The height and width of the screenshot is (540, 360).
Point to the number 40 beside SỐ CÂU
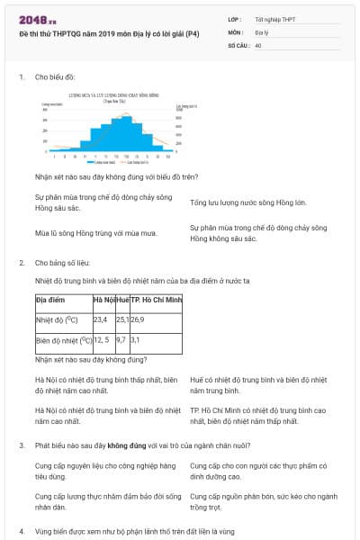(x=258, y=44)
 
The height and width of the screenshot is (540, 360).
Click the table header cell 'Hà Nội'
(x=103, y=298)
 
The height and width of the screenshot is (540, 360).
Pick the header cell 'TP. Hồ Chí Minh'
(x=157, y=298)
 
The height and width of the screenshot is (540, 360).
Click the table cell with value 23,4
(x=100, y=319)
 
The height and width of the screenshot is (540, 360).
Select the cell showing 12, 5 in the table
(x=101, y=340)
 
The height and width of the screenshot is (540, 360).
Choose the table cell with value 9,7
(x=121, y=340)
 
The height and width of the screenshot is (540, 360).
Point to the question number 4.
(x=22, y=532)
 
